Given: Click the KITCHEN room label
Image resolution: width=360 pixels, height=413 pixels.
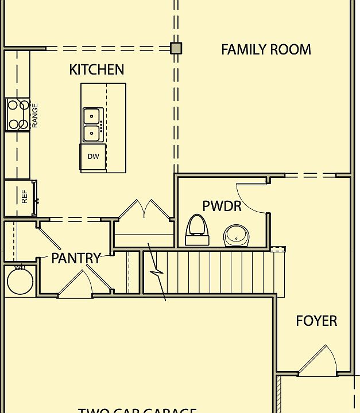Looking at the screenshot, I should [x=96, y=69].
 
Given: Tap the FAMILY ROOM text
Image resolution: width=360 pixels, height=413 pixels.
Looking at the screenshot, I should [x=266, y=49].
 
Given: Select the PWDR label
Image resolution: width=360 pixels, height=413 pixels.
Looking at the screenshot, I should [x=222, y=206].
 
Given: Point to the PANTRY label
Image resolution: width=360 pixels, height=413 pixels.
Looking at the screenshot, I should [x=76, y=258].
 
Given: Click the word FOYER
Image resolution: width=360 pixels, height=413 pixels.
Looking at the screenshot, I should [x=316, y=321].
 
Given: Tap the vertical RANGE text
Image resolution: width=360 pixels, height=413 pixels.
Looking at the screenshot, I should [x=35, y=115].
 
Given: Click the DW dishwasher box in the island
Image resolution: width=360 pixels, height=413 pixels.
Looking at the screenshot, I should [x=93, y=157].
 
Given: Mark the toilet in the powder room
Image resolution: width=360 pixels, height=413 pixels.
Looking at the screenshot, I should [x=196, y=229].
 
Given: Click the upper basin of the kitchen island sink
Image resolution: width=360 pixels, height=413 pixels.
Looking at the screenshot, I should [x=91, y=116].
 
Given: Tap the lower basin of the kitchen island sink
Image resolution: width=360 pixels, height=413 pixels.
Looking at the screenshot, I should [x=91, y=134].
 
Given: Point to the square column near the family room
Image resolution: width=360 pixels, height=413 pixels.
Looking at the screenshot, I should [x=176, y=48].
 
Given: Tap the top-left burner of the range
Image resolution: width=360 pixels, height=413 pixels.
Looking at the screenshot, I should [x=11, y=105].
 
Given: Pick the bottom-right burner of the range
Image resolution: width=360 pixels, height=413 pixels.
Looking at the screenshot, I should [x=24, y=124].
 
